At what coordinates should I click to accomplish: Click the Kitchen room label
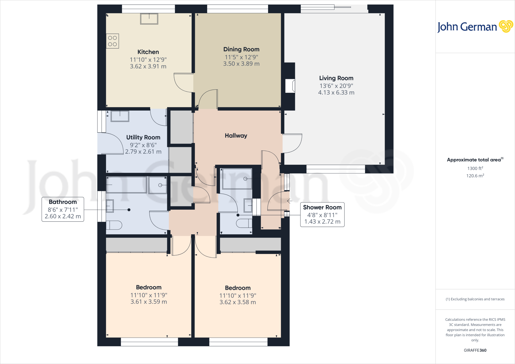click(x=148, y=52)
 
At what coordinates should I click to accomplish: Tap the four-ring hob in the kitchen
click(x=112, y=41)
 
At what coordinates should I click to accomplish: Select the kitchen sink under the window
click(x=149, y=19)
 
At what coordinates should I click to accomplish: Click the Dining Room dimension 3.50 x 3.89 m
click(x=241, y=64)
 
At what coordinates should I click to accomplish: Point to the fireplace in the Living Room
click(x=290, y=86)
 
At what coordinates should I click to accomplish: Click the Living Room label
click(x=336, y=78)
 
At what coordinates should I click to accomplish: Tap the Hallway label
click(x=236, y=136)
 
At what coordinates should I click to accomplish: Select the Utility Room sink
click(x=120, y=116)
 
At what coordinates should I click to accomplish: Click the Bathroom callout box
click(x=63, y=209)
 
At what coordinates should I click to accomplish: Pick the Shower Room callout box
click(x=322, y=215)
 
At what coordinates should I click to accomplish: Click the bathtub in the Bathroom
click(x=126, y=185)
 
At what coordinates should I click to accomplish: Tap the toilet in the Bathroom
click(x=114, y=225)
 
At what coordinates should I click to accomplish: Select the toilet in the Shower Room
click(x=244, y=223)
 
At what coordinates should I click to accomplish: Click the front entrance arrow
click(x=289, y=201)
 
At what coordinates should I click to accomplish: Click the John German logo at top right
click(x=475, y=27)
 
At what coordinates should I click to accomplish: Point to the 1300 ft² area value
click(x=475, y=168)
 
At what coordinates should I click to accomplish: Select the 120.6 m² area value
click(x=475, y=176)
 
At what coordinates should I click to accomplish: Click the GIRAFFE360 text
click(x=475, y=350)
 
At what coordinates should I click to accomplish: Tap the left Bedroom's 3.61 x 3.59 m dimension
click(x=149, y=302)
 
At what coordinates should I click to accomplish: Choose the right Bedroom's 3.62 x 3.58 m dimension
click(x=238, y=302)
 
